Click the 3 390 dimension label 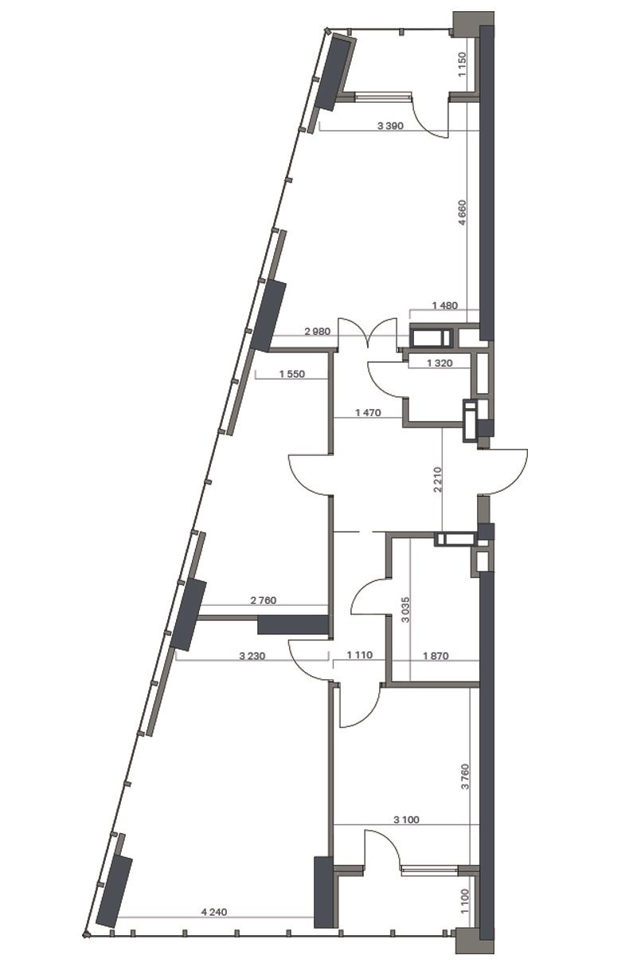click(x=390, y=126)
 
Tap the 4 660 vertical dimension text click(x=462, y=212)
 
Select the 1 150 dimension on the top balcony click(x=462, y=64)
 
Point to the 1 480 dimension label click(x=445, y=305)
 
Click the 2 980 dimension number click(x=318, y=332)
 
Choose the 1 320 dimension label click(x=440, y=364)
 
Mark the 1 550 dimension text click(x=292, y=374)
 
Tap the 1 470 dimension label click(x=368, y=413)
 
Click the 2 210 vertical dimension click(x=437, y=479)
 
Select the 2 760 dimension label click(x=264, y=600)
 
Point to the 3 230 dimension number click(x=252, y=656)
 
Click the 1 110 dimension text click(x=359, y=655)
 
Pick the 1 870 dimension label click(x=436, y=656)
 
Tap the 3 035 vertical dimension click(x=405, y=610)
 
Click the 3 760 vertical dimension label click(x=466, y=776)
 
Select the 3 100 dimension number click(x=406, y=820)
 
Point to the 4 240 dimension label click(x=214, y=912)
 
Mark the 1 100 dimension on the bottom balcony click(x=465, y=901)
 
